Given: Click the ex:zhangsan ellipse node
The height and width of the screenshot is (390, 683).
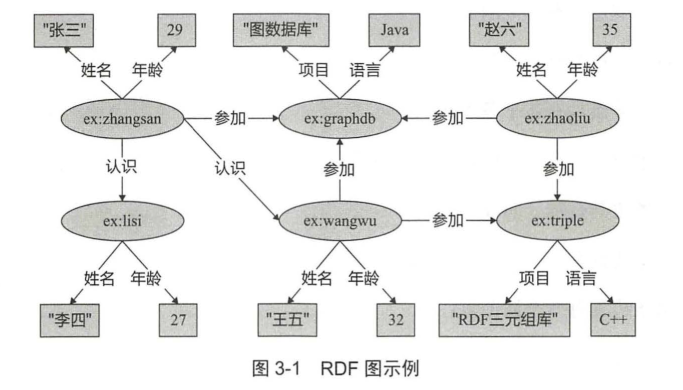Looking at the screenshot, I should tap(123, 119).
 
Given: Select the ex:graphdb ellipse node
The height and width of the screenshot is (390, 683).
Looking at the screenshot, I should tap(340, 119).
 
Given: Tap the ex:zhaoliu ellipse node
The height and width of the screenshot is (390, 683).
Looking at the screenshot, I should tap(557, 119).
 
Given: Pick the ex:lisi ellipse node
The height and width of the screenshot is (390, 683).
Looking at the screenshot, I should tap(123, 221).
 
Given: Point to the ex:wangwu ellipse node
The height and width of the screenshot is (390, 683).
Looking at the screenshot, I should tap(340, 221).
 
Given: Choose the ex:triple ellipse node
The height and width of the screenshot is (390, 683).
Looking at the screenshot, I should tap(557, 221).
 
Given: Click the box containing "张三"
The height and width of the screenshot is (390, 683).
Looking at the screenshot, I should tap(66, 30).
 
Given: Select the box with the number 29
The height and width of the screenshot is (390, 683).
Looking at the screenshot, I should tap(175, 30).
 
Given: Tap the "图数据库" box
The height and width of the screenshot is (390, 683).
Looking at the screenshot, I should tap(281, 30).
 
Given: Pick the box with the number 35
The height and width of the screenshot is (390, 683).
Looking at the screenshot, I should tap(610, 30).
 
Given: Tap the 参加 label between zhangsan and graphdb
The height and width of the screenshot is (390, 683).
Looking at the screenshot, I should tap(230, 119).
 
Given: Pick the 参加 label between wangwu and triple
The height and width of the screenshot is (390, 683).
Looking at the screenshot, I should tap(448, 221).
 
